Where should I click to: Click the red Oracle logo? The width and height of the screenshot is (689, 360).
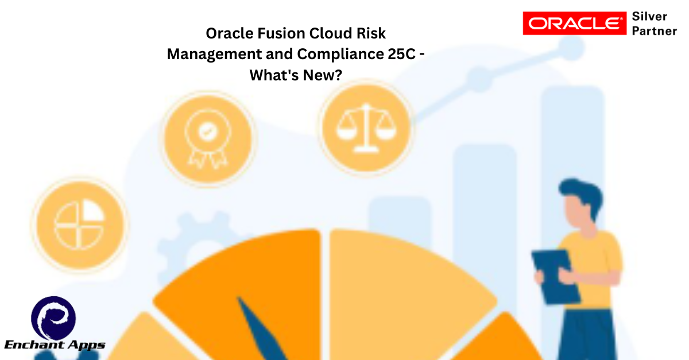575,24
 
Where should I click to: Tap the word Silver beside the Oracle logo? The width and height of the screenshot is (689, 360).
649,16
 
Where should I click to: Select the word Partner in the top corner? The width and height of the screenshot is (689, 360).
654,31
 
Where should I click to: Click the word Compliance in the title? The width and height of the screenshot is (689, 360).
340,55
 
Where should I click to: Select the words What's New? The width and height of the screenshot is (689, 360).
296,75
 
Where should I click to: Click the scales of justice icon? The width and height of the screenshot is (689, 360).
366,128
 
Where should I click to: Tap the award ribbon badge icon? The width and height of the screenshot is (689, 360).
208,138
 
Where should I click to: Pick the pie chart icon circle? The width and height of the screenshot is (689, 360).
80,225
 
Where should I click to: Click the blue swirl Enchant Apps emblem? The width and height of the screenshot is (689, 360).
53,318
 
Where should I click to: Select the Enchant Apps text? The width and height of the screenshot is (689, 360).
55,345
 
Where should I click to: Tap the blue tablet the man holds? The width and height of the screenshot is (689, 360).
555,277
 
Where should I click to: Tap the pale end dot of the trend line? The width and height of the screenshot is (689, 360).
571,48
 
